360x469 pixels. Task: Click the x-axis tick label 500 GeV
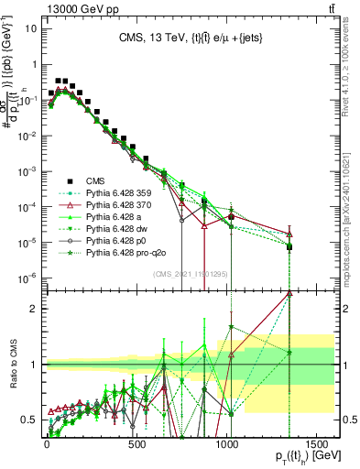(136, 445)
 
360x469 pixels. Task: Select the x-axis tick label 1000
(227, 445)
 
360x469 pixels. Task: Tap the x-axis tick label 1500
(317, 445)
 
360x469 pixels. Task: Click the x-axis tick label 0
(47, 445)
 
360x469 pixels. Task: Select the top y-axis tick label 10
(30, 27)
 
